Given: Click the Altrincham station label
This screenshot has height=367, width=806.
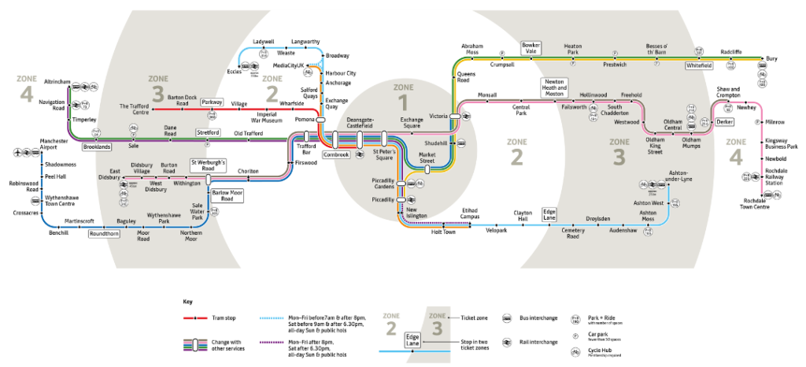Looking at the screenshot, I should pyautogui.click(x=35, y=81).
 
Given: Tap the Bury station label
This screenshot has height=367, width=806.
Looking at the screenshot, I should pyautogui.click(x=771, y=59).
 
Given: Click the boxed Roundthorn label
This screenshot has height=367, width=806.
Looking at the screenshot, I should pyautogui.click(x=104, y=233).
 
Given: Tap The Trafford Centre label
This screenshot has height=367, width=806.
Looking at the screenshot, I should pyautogui.click(x=135, y=109).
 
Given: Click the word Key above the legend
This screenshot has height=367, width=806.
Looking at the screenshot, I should pyautogui.click(x=187, y=302).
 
